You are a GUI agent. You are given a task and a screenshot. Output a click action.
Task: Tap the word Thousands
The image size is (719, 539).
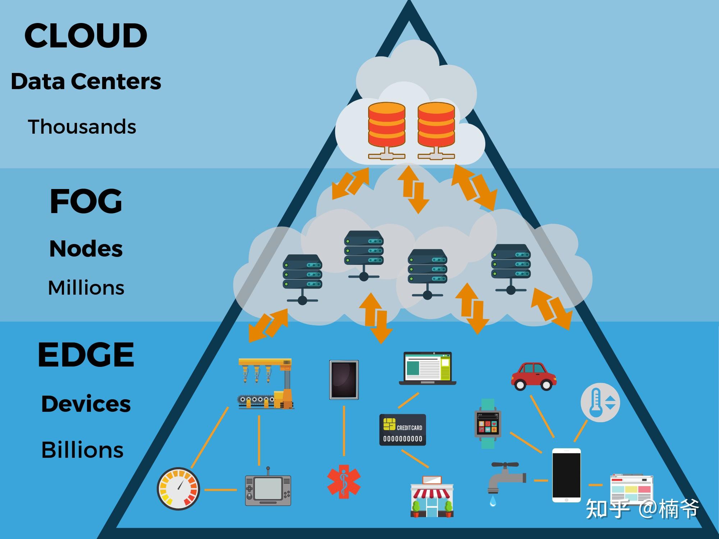(82, 126)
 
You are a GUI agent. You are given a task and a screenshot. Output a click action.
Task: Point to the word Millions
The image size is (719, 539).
(86, 287)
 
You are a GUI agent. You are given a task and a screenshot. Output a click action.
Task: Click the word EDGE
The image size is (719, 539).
(86, 355)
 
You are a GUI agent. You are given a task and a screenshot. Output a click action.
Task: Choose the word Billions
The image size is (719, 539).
(82, 450)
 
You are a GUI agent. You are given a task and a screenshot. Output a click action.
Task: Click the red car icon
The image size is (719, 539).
(533, 376)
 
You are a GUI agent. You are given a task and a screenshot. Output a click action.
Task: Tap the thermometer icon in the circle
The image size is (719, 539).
(600, 402)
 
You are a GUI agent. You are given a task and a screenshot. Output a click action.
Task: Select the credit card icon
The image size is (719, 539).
(403, 430)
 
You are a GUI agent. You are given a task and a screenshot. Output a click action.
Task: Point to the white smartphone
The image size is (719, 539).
(566, 475)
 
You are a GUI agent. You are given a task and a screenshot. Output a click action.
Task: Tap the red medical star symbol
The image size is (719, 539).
(344, 482)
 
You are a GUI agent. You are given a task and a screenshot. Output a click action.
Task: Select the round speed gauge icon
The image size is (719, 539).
(179, 488)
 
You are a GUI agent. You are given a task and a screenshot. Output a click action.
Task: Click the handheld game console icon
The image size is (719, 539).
(268, 488)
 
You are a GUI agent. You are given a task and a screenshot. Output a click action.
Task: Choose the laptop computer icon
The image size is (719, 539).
(427, 368)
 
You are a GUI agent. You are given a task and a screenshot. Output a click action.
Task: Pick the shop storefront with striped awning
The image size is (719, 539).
(432, 497)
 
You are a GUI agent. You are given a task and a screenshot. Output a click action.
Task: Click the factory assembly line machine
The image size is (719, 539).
(266, 383)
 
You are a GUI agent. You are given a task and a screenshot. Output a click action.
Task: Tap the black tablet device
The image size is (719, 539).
(344, 380)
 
